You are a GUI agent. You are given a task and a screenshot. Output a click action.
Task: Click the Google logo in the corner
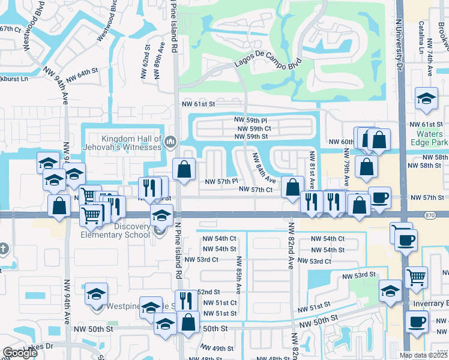click(20, 353)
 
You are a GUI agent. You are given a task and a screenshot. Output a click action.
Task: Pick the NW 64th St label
click(82, 72)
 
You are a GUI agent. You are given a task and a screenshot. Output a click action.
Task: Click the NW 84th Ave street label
click(264, 169)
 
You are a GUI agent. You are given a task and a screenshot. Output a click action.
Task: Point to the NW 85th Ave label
click(238, 275)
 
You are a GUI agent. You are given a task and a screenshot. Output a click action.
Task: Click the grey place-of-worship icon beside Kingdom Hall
click(170, 142)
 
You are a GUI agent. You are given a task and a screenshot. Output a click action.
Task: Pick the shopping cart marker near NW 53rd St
click(416, 277)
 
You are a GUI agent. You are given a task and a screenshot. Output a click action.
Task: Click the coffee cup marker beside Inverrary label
click(415, 321)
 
